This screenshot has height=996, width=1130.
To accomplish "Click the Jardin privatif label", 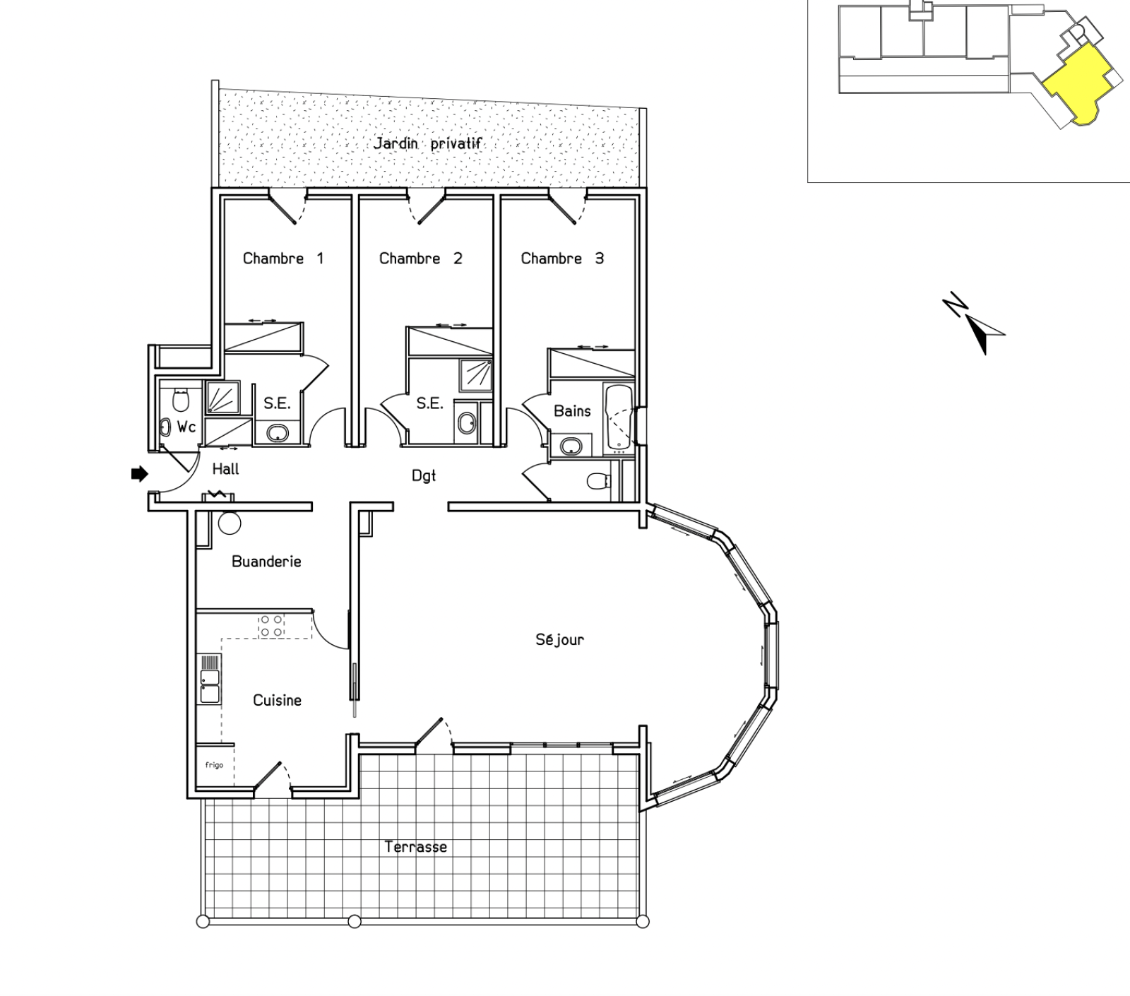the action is click(x=428, y=144).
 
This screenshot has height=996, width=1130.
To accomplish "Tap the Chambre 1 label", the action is click(x=283, y=259).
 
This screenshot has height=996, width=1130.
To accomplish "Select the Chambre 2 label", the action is click(x=421, y=259).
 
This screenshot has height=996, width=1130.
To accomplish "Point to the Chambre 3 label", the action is click(x=563, y=259).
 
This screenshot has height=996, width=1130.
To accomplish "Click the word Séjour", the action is click(x=560, y=640).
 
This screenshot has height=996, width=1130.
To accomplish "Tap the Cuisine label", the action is click(x=278, y=700).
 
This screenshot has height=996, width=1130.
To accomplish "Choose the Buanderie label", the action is click(x=266, y=562).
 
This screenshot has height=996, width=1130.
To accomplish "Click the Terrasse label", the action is click(x=416, y=847).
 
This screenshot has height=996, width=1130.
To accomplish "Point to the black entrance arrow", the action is click(x=140, y=474).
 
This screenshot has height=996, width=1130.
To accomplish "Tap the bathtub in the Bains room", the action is click(x=619, y=417).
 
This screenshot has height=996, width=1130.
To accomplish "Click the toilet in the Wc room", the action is click(x=182, y=399).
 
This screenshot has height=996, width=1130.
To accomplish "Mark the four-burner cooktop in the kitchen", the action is click(x=272, y=626).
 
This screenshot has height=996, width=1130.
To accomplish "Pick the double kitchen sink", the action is click(x=210, y=679).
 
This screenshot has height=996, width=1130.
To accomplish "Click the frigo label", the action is click(x=214, y=765).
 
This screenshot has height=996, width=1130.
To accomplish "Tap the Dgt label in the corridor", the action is click(x=424, y=477).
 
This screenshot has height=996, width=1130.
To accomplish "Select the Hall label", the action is click(x=226, y=469).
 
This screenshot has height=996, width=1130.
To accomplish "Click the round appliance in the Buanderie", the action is click(x=230, y=523).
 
